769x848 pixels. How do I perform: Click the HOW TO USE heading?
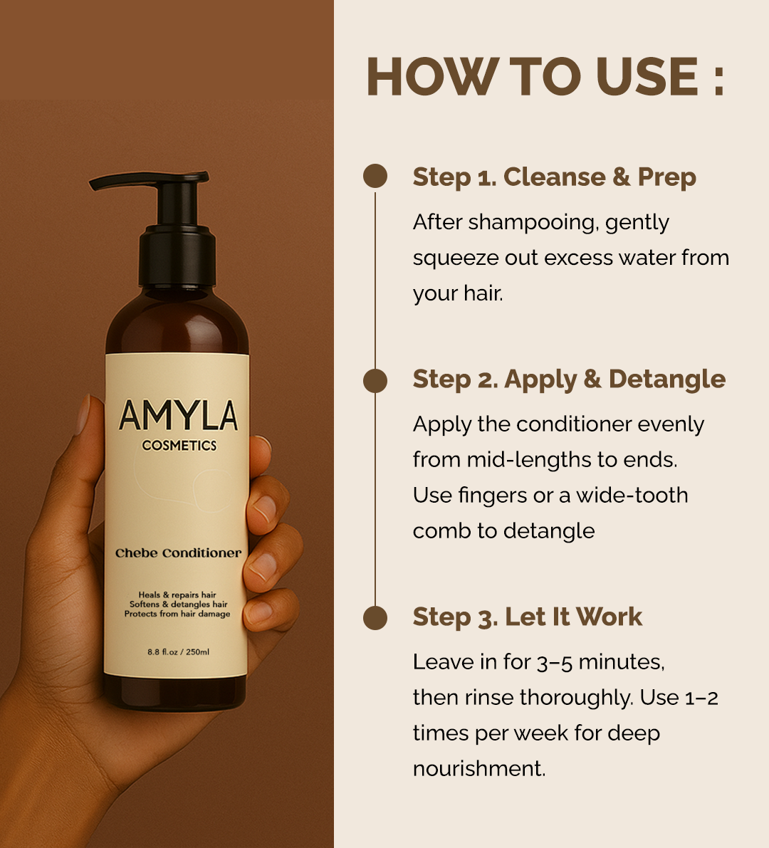pos(533,76)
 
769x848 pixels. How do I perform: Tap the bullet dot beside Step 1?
pos(375,177)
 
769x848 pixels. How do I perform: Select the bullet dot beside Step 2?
pos(375,380)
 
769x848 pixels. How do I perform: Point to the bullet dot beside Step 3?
pos(375,617)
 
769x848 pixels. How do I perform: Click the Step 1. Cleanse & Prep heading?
pos(554,177)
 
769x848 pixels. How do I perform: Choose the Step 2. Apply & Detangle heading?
pos(568,379)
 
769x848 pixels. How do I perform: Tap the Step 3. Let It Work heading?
pos(527,617)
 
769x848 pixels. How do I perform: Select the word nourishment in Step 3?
pos(478,769)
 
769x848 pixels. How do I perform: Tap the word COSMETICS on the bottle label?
pos(179,446)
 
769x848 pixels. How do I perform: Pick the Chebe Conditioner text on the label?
pos(178,553)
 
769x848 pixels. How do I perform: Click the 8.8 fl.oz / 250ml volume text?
pos(178,651)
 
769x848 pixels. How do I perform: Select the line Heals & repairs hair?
pos(177,595)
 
